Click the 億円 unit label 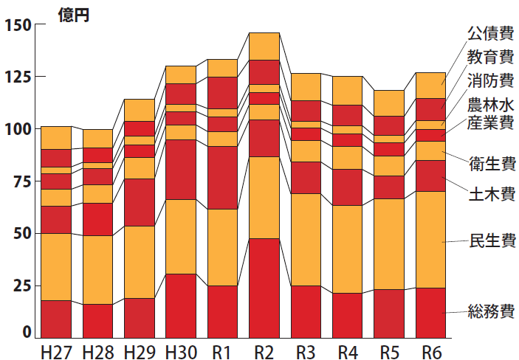coord(74,15)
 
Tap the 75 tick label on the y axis coord(21,181)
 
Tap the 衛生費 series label coord(491,163)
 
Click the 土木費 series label coord(491,195)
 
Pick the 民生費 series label coord(491,240)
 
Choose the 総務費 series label coord(491,311)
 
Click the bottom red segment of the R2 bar coord(264,288)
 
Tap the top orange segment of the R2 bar coord(264,46)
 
